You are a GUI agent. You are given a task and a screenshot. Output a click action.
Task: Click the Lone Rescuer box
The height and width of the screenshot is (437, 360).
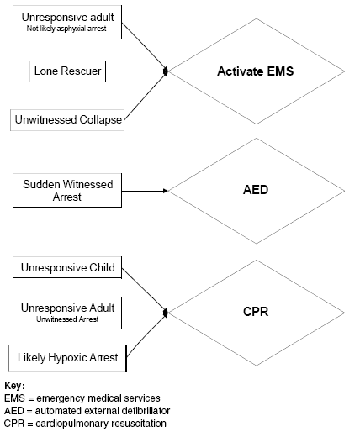point(67,71)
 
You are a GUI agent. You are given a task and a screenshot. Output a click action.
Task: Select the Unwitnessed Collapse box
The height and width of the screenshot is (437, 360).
point(67,120)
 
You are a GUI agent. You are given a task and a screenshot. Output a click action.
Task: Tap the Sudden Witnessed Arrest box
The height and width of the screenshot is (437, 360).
point(67,191)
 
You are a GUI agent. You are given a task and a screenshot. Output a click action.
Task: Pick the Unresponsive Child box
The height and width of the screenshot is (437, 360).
point(67,267)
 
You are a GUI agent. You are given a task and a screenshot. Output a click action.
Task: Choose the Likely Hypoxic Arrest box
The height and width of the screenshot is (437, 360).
point(67,358)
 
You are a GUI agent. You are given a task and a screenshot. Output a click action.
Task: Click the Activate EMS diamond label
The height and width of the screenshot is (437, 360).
point(256,71)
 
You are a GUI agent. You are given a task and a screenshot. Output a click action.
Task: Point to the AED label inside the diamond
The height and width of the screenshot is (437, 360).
point(256,190)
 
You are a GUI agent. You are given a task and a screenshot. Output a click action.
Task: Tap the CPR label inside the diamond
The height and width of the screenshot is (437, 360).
point(256,312)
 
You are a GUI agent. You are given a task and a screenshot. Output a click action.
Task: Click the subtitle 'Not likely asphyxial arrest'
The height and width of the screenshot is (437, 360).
point(66,29)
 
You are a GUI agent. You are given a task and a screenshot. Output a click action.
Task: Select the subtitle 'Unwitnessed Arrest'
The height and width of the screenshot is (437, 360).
point(67,319)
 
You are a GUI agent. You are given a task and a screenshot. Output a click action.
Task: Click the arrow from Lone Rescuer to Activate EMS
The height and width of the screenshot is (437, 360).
point(137,71)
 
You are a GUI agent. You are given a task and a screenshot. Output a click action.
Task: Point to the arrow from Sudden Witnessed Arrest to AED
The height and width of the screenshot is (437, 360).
point(145,191)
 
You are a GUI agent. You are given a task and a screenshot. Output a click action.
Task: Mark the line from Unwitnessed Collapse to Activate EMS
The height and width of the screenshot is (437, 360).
point(146,96)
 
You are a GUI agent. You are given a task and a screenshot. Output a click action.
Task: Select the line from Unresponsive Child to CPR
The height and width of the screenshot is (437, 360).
point(145,290)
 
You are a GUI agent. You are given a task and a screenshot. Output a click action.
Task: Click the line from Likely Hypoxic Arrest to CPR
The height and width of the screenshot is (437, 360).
point(146,335)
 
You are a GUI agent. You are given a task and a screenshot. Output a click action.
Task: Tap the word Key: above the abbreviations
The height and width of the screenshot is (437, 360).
point(14,386)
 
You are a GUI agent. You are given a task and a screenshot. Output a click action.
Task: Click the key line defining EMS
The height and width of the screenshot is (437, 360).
point(82,398)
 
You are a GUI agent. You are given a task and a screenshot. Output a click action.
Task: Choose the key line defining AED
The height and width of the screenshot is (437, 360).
point(87,411)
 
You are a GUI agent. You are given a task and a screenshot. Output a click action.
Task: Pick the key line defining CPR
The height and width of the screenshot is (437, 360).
point(85,424)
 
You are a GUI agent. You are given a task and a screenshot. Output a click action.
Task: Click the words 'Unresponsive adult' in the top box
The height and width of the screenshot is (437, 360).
point(67,18)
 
